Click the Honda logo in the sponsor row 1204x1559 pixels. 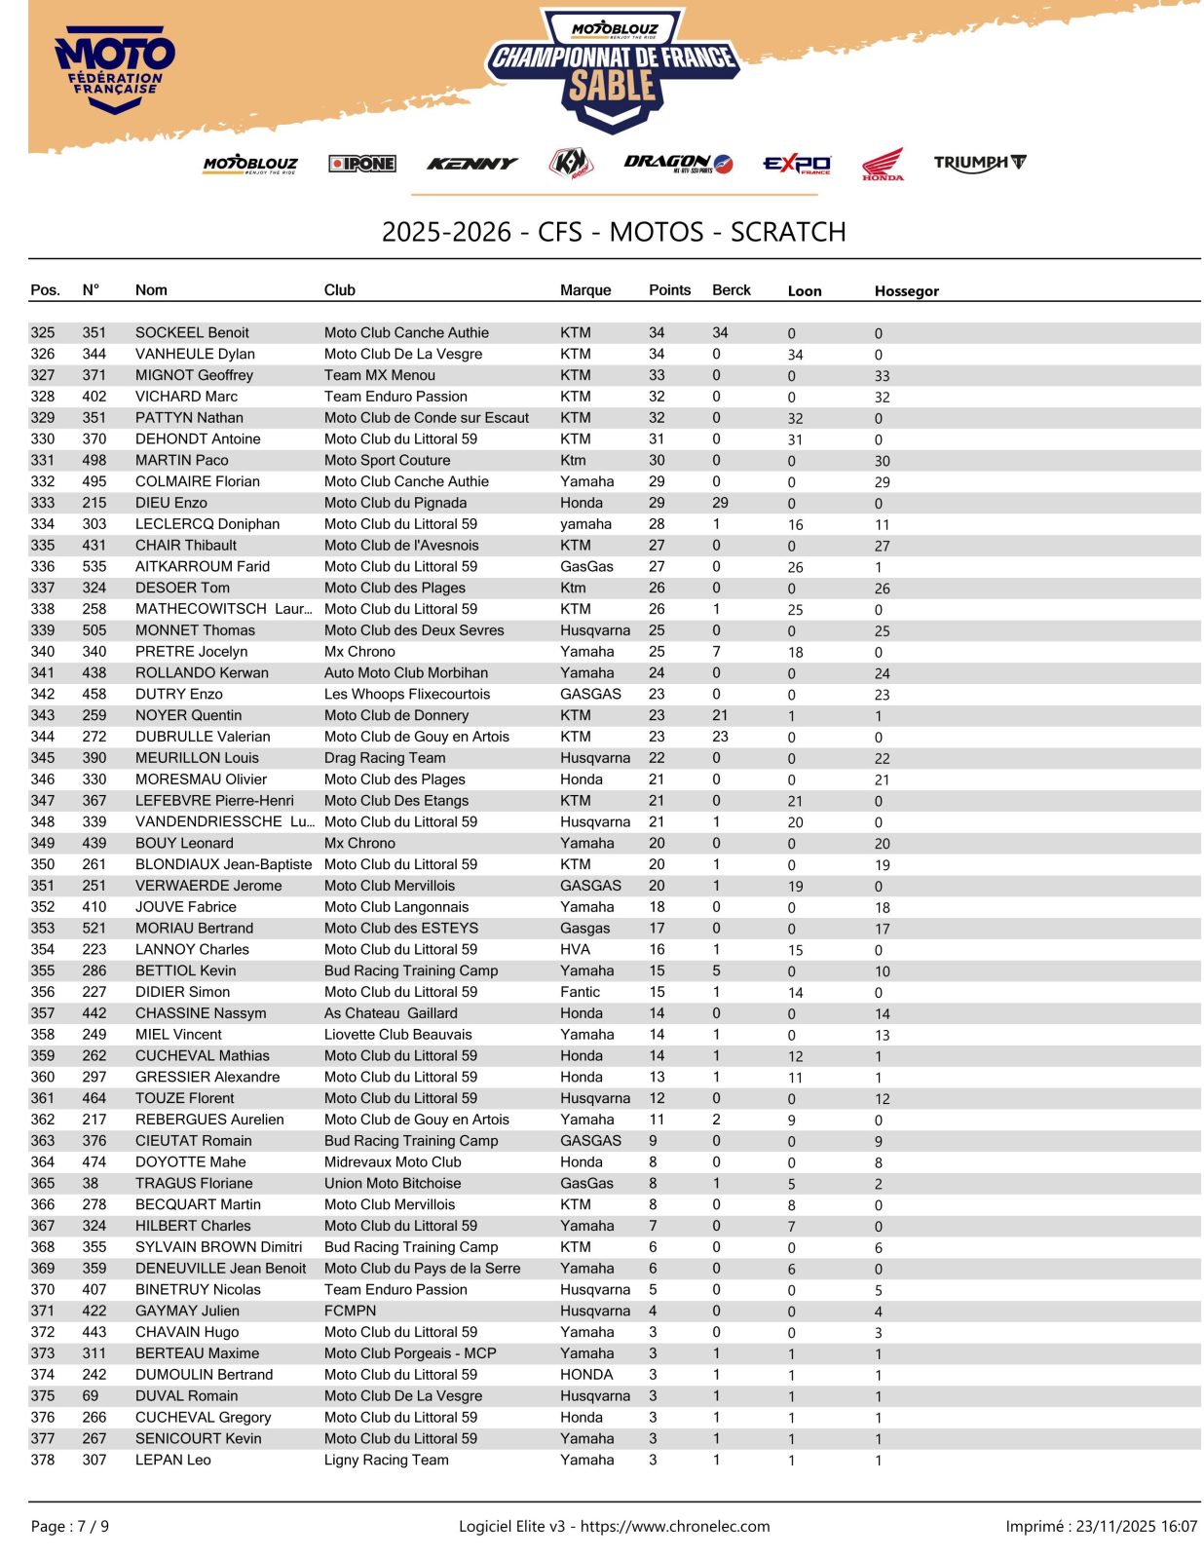click(x=882, y=164)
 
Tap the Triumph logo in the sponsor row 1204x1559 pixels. click(x=978, y=163)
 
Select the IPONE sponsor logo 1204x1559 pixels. click(x=361, y=164)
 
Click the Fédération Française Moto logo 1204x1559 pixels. click(x=115, y=71)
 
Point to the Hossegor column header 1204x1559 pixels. click(x=906, y=290)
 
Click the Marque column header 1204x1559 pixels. click(x=585, y=289)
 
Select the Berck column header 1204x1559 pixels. click(x=731, y=289)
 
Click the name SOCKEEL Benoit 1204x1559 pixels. click(x=192, y=332)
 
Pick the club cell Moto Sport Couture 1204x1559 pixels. click(x=387, y=460)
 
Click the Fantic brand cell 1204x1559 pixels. click(x=580, y=992)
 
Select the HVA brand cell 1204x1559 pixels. click(x=575, y=949)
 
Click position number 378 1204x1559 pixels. click(x=43, y=1460)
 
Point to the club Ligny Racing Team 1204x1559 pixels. click(x=386, y=1460)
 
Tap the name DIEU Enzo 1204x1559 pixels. click(x=171, y=503)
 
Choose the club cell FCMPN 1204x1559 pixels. click(x=350, y=1311)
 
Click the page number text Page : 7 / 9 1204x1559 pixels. click(x=70, y=1526)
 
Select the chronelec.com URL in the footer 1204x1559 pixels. click(x=674, y=1526)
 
